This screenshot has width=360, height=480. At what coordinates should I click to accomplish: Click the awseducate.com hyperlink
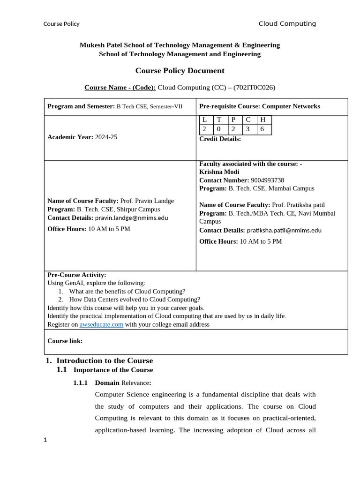tap(101, 324)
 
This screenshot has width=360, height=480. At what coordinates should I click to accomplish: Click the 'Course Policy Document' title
tap(180, 71)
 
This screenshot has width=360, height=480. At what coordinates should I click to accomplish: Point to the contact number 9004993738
tap(267, 180)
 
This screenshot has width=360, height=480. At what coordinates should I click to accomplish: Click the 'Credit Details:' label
tap(220, 139)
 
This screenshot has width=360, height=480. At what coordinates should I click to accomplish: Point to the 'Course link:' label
tap(65, 341)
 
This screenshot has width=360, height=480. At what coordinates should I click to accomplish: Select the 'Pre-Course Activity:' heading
tap(77, 275)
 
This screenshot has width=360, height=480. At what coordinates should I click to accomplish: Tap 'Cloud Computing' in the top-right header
tap(287, 24)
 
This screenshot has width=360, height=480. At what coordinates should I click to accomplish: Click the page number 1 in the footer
tap(45, 440)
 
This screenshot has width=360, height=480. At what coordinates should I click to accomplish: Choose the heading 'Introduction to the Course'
tap(104, 360)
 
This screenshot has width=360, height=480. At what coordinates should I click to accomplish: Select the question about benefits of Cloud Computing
tap(127, 291)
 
